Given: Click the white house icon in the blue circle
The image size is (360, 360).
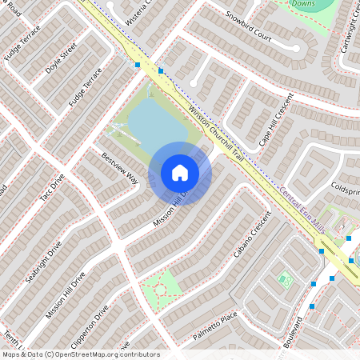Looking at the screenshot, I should pyautogui.click(x=180, y=173).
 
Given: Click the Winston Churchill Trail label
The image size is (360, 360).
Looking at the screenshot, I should pyautogui.click(x=216, y=132).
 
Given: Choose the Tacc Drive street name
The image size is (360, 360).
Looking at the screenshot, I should pyautogui.click(x=51, y=193).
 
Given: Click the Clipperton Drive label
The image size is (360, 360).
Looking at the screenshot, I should pyautogui.click(x=90, y=324).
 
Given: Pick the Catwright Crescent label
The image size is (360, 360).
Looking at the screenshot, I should pyautogui.click(x=350, y=28).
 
